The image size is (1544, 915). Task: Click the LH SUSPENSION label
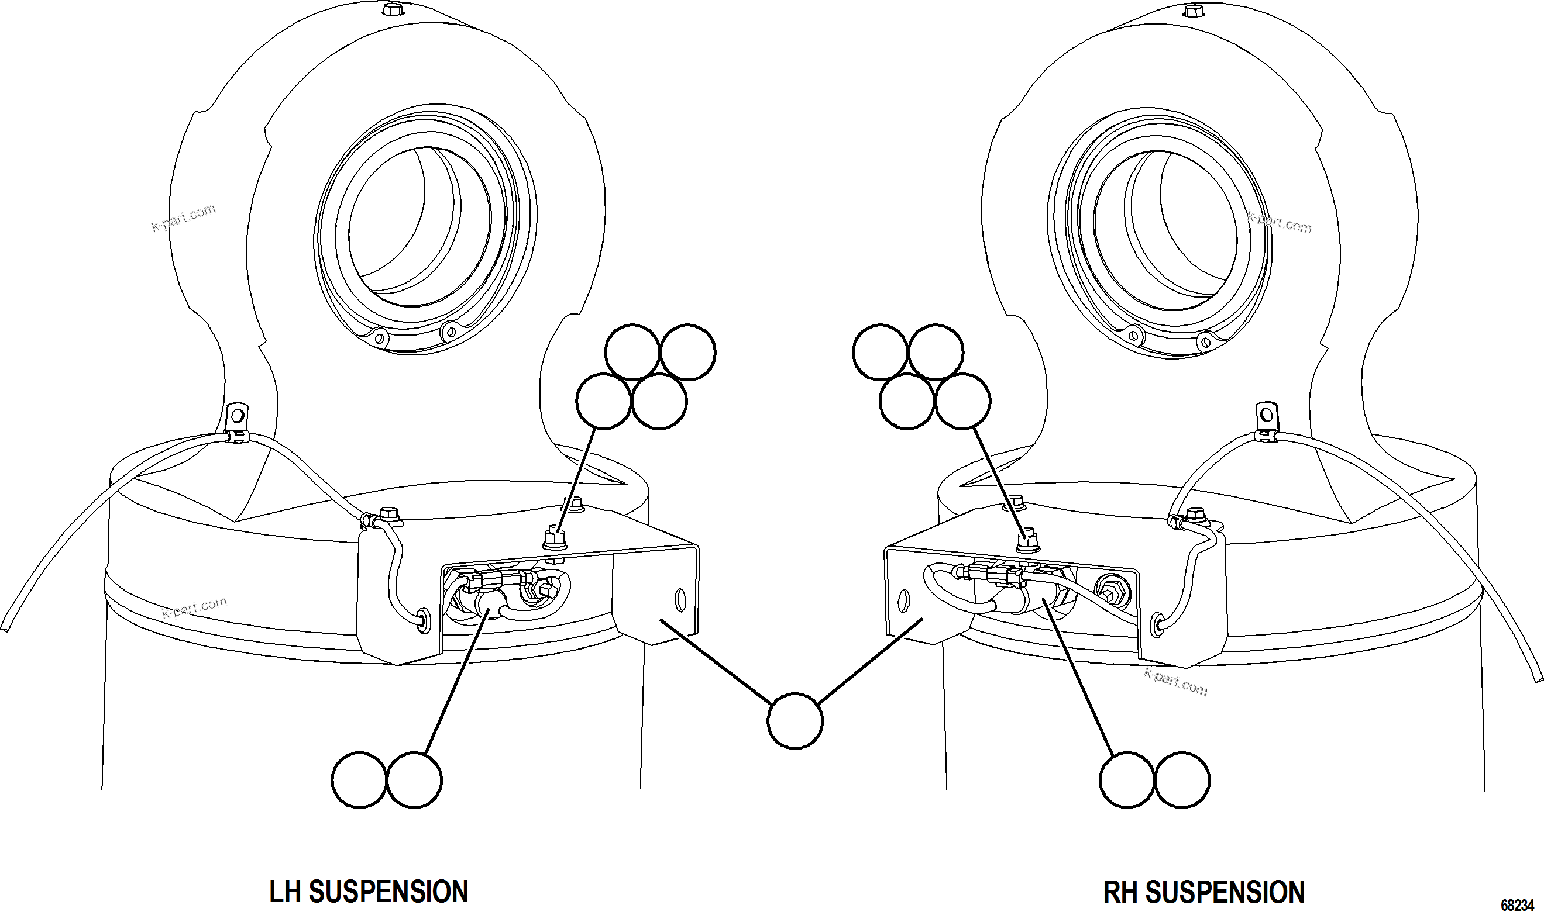tap(369, 892)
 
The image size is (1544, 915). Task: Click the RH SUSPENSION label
tap(1203, 892)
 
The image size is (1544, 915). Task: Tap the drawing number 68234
tap(1517, 905)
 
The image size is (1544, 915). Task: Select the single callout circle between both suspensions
tap(795, 721)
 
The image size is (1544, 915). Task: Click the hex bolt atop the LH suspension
tap(391, 10)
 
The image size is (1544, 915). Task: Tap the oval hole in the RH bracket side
tap(905, 599)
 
